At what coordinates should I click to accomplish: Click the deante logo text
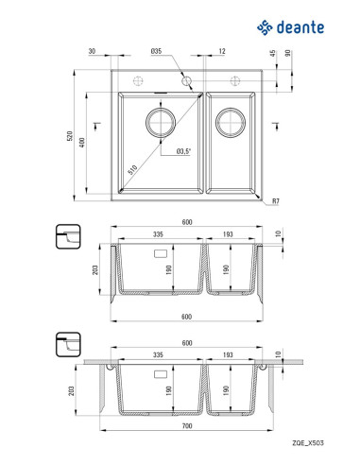300,27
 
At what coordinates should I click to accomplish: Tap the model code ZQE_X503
308,443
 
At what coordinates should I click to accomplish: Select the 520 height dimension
70,136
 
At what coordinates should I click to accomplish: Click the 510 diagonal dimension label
132,170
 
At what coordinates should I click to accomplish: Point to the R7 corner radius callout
276,200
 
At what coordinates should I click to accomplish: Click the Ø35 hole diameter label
156,51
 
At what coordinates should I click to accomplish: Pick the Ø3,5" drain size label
183,151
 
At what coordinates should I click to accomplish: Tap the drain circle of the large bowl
161,123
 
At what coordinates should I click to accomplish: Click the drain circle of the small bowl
231,123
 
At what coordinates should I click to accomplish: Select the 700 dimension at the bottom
187,426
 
